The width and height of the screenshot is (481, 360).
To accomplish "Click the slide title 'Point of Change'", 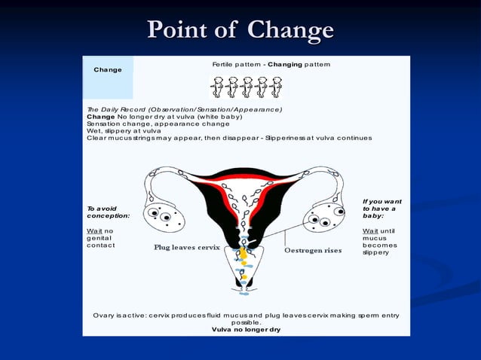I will (x=240, y=30).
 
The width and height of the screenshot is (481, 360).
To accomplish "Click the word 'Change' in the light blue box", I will (x=108, y=70).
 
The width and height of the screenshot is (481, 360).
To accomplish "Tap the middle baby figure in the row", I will (x=247, y=87).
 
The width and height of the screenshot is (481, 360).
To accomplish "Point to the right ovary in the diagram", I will (x=323, y=220).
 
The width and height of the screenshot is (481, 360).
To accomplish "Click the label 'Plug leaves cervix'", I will (x=187, y=247).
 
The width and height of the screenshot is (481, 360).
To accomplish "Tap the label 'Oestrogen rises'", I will (x=313, y=250).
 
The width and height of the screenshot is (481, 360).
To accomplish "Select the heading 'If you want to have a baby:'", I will (x=381, y=209).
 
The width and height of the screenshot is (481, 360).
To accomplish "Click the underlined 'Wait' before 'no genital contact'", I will (x=94, y=230).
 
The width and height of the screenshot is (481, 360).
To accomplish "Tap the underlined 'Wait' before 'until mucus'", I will (x=371, y=230).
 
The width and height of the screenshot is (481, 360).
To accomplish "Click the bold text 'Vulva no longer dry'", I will (x=246, y=330).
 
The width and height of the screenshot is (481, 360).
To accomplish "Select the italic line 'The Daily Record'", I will (x=185, y=110).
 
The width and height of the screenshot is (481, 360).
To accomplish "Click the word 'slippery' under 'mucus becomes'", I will (x=376, y=252).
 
